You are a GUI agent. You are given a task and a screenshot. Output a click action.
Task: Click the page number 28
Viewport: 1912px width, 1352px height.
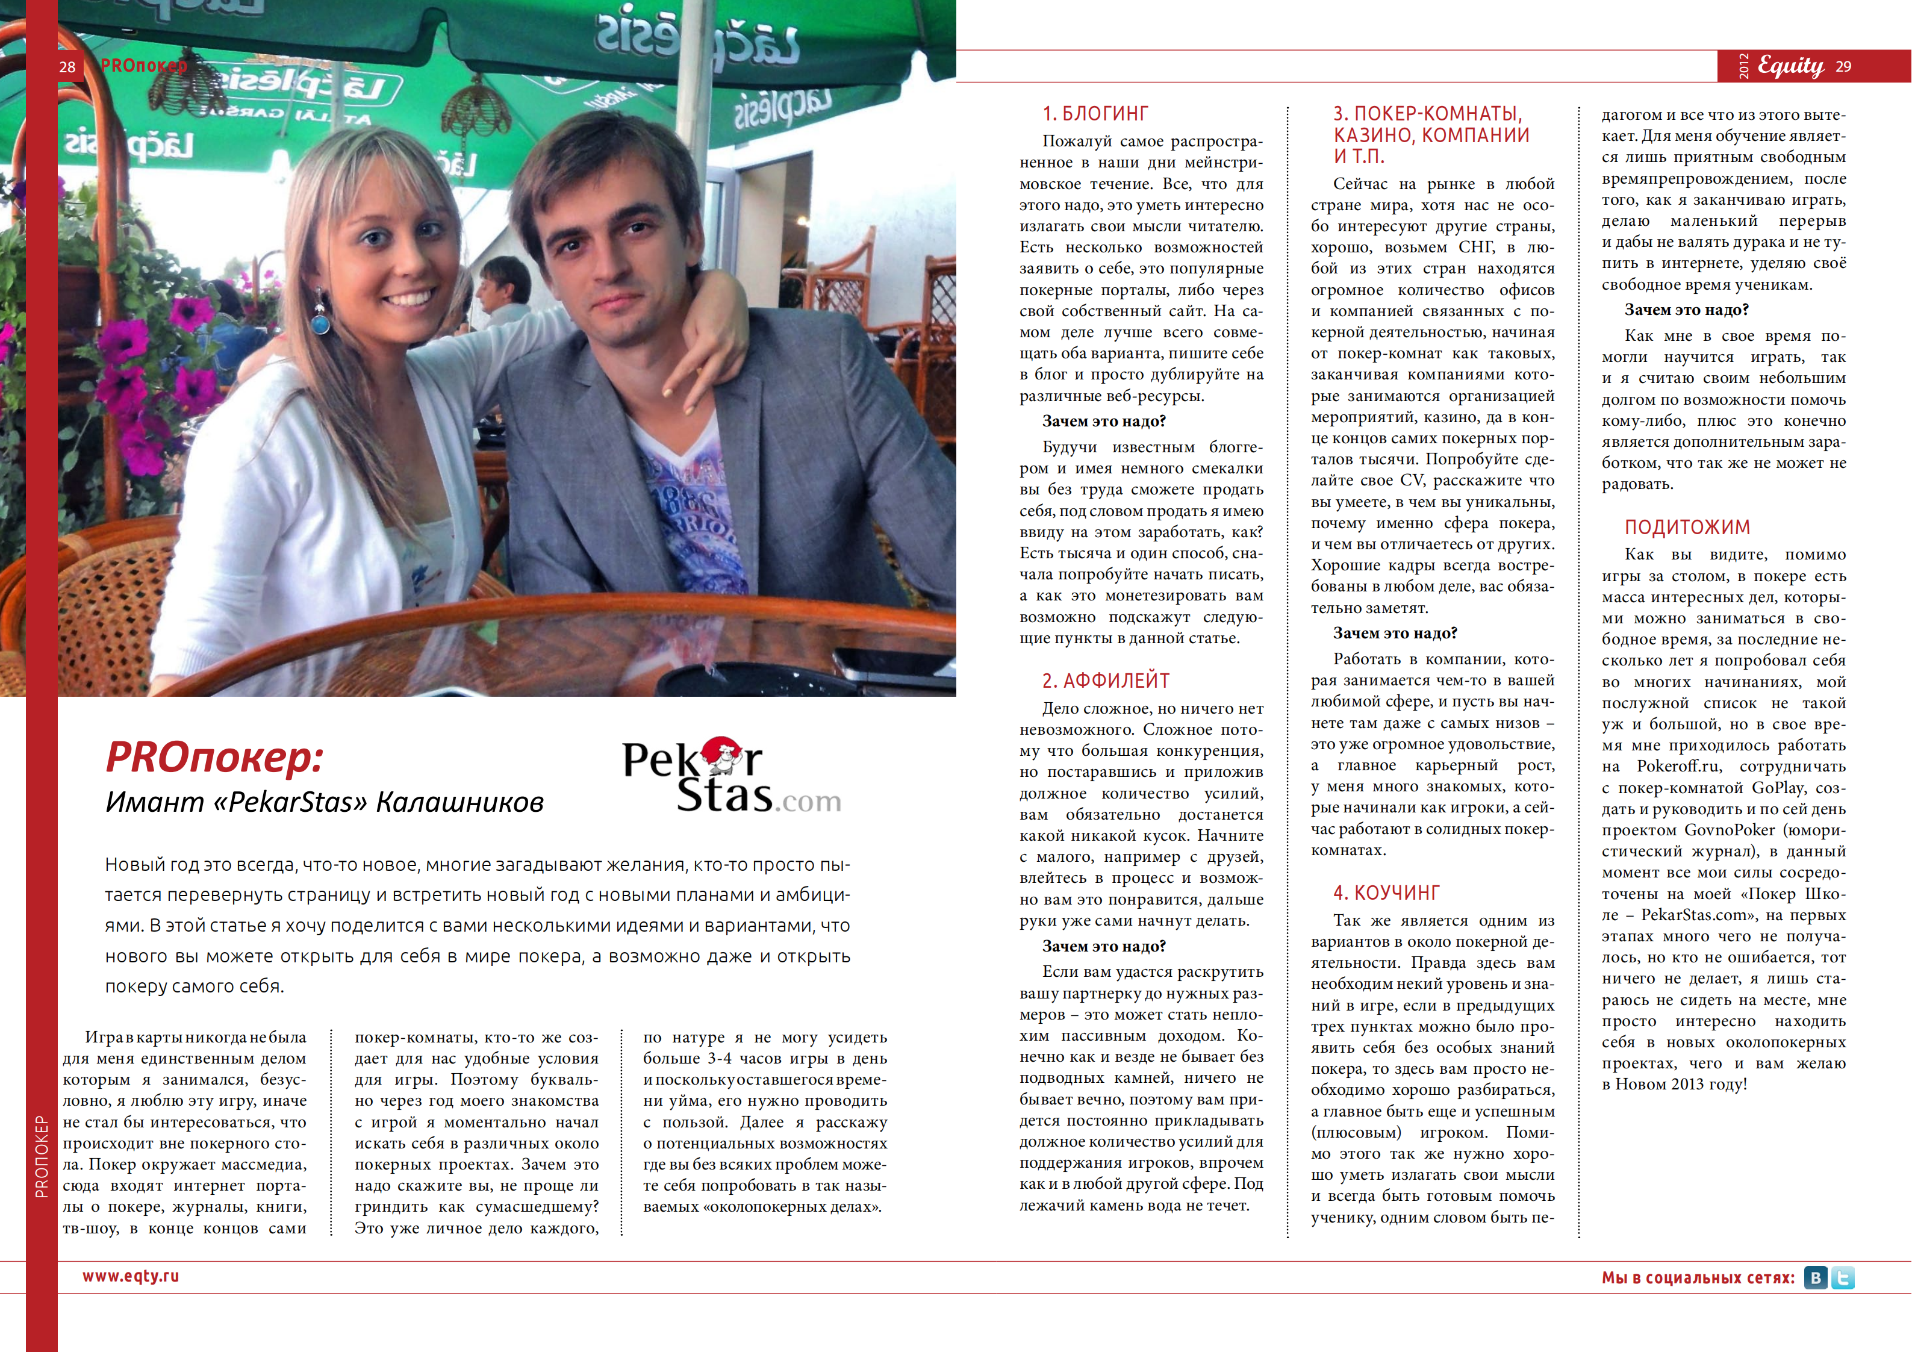click(x=67, y=67)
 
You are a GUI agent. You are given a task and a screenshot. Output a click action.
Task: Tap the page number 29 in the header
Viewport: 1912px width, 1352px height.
click(x=1844, y=67)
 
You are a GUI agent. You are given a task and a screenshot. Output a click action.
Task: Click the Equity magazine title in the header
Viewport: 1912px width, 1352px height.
click(x=1790, y=66)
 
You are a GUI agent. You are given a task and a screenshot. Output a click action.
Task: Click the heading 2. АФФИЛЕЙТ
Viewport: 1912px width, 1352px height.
click(x=1106, y=681)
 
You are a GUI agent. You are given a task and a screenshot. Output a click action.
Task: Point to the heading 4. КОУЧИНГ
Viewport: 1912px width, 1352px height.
click(x=1386, y=893)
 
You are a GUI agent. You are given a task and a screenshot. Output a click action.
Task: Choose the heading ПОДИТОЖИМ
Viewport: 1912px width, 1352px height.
click(x=1687, y=528)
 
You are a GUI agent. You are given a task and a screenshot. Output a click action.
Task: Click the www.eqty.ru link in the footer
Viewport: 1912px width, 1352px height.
click(x=131, y=1276)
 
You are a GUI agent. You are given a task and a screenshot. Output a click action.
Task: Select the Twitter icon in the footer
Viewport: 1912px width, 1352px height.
click(x=1843, y=1278)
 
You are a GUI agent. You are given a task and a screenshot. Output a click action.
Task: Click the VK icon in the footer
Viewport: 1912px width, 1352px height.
click(x=1816, y=1278)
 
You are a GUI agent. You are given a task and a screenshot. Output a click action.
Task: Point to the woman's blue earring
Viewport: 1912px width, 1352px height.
click(x=320, y=319)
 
